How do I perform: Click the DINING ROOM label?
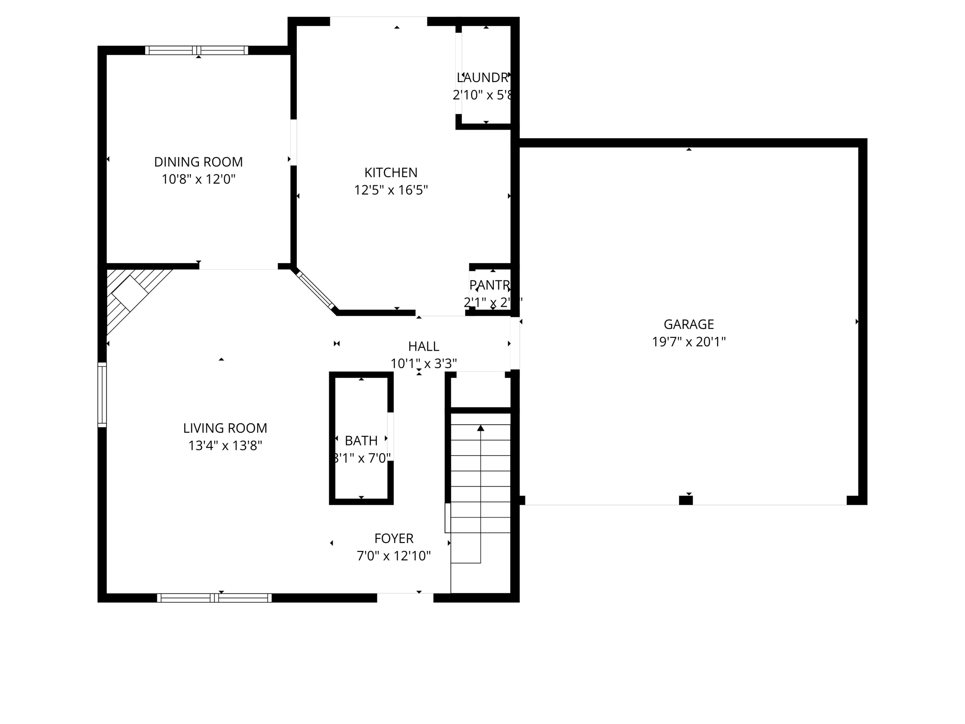198,162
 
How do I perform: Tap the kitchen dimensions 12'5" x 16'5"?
391,190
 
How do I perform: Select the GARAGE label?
688,324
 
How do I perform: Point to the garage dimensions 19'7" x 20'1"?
688,342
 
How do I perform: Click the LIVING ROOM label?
225,428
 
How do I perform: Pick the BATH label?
361,441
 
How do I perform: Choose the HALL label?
424,346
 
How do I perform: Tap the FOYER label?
394,538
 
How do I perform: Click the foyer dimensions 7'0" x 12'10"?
394,556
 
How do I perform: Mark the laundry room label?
482,77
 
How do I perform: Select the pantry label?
490,285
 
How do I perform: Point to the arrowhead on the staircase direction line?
481,428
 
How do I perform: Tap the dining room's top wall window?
196,50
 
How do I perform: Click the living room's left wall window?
102,395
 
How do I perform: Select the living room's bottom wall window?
214,598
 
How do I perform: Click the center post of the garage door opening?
686,501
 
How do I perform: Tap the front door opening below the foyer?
405,597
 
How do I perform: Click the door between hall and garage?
515,343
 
